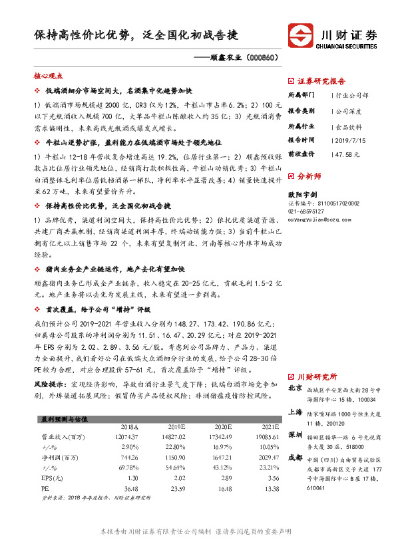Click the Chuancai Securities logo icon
pyautogui.click(x=299, y=35)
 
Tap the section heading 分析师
pyautogui.click(x=309, y=178)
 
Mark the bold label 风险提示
pyautogui.click(x=50, y=384)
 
